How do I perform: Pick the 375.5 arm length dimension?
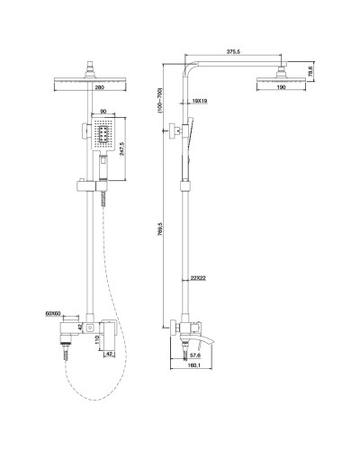(232, 51)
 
